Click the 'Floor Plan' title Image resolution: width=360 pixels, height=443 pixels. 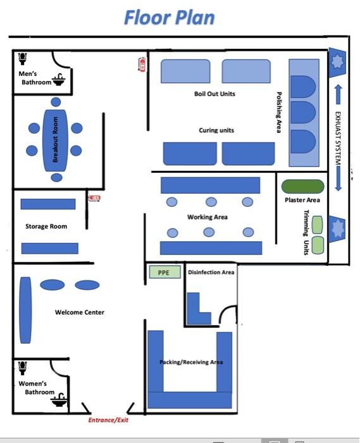pos(170,18)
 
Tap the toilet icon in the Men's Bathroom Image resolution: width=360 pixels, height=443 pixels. pos(22,58)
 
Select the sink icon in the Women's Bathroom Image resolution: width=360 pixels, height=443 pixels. pos(59,399)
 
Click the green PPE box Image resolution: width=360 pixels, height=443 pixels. pos(165,272)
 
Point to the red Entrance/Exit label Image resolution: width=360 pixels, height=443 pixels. pos(108,420)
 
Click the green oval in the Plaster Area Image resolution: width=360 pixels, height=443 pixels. pos(302,187)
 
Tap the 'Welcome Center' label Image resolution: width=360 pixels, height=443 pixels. pos(80,312)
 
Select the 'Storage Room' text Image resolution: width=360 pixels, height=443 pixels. pos(46,227)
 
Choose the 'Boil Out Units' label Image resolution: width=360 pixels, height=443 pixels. pos(214,94)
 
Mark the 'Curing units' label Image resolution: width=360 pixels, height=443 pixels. pos(216,130)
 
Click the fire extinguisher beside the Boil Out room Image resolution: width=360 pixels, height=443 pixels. pos(142,65)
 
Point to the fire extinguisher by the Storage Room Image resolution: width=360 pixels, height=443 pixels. pos(94,197)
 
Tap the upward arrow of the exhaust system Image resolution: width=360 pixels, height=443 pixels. pos(338,94)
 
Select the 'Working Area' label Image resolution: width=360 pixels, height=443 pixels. pos(208,217)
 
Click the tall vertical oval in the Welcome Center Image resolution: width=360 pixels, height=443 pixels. pos(25,310)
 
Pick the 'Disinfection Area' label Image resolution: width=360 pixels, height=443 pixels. pos(211,272)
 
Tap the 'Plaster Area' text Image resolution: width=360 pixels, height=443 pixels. pos(302,200)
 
